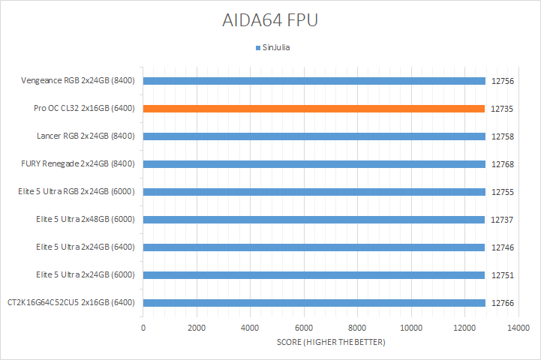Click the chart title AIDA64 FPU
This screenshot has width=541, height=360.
click(x=270, y=20)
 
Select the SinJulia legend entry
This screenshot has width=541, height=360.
click(x=274, y=47)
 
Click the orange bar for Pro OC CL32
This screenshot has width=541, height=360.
click(x=314, y=109)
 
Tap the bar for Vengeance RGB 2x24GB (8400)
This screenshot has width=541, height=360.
click(x=314, y=81)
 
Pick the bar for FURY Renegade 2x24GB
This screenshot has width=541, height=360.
click(x=314, y=164)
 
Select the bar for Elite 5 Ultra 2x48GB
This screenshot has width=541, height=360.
click(x=314, y=220)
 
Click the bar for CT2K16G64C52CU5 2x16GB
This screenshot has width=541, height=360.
click(x=314, y=303)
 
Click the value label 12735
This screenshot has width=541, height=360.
click(x=502, y=109)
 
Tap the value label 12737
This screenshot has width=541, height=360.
click(x=502, y=220)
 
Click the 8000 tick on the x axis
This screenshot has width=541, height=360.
click(x=357, y=328)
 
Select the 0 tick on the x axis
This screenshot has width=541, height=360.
click(x=143, y=328)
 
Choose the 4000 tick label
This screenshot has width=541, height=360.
click(x=251, y=328)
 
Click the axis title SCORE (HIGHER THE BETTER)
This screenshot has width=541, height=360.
click(x=330, y=343)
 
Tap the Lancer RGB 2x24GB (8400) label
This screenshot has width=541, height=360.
click(x=86, y=136)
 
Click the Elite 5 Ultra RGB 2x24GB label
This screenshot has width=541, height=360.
click(x=77, y=192)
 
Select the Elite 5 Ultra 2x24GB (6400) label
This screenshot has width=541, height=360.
click(x=85, y=247)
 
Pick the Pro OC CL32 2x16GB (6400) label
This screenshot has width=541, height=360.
click(x=84, y=109)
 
